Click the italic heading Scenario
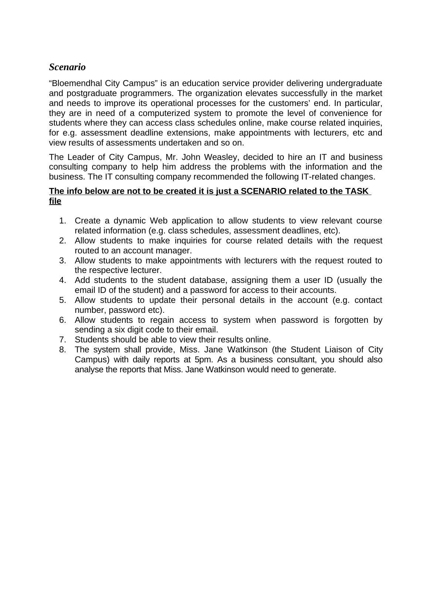[67, 67]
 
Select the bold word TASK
[357, 191]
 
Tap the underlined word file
[55, 201]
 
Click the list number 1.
[62, 221]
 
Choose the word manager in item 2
[175, 251]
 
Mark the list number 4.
[62, 280]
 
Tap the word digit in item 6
[130, 330]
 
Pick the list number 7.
[62, 340]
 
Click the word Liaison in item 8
[334, 350]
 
